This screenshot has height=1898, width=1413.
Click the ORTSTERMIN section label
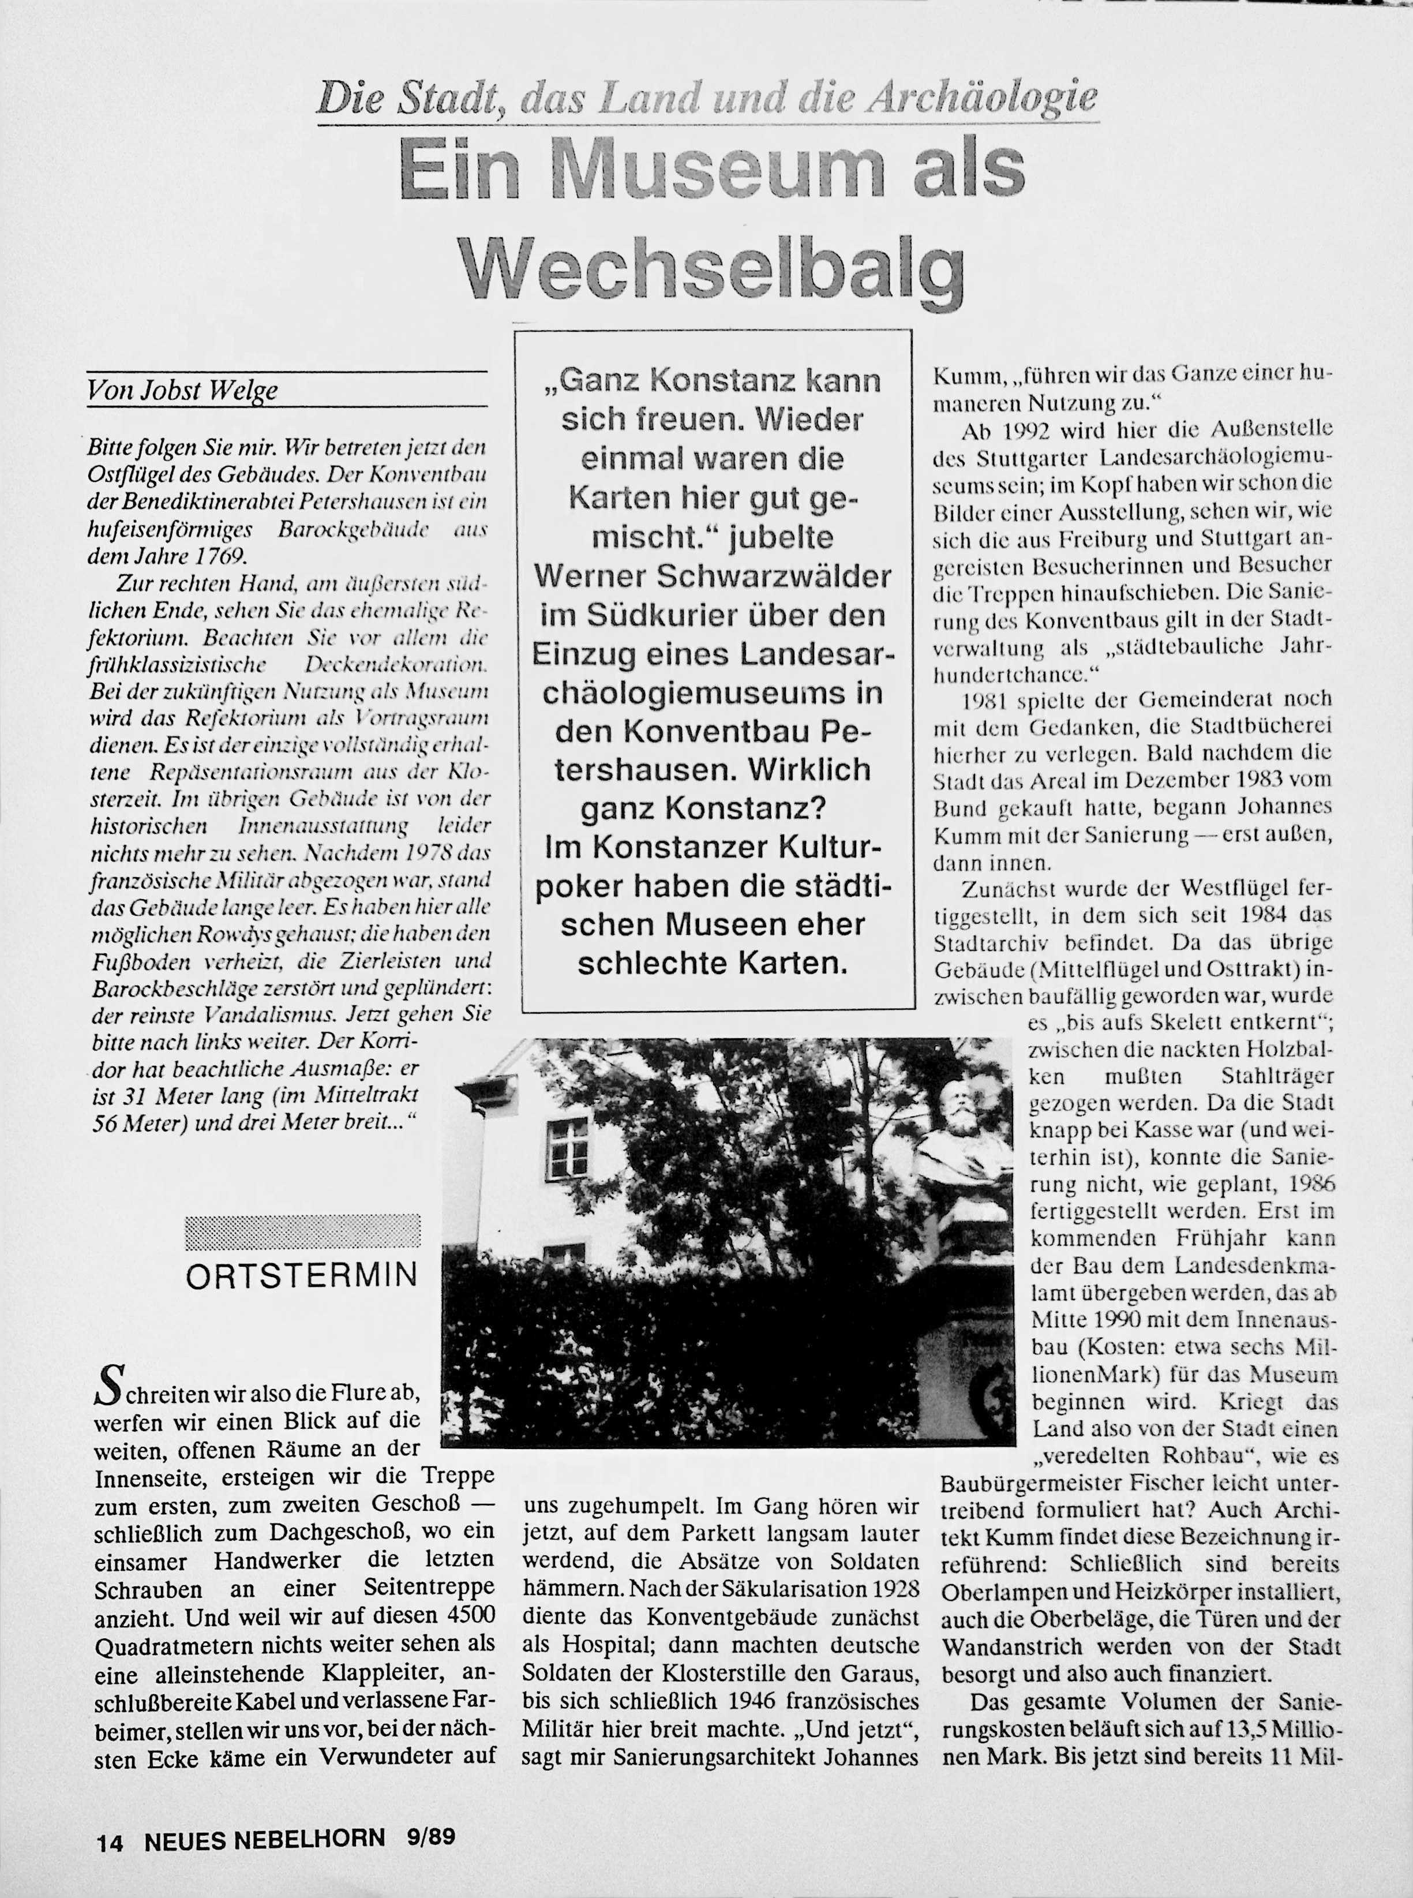point(302,1275)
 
